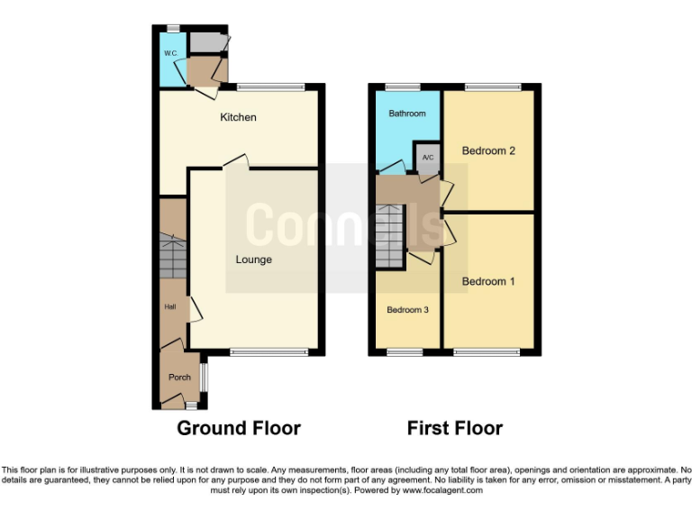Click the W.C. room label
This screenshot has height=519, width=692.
(169, 54)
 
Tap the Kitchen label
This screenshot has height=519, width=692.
(239, 117)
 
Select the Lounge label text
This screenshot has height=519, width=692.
(254, 259)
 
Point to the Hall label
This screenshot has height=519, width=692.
(169, 307)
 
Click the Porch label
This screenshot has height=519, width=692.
(179, 378)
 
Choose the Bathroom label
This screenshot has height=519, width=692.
(406, 114)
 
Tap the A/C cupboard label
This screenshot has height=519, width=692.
(428, 158)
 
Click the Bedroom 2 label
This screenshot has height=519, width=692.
(488, 150)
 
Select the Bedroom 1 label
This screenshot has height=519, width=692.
(488, 281)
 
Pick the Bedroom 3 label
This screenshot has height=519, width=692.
(407, 310)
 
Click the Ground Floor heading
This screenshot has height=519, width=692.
(239, 428)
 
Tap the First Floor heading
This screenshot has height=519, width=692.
(455, 428)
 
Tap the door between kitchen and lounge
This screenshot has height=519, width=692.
(236, 162)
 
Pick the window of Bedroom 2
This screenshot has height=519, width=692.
(493, 86)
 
